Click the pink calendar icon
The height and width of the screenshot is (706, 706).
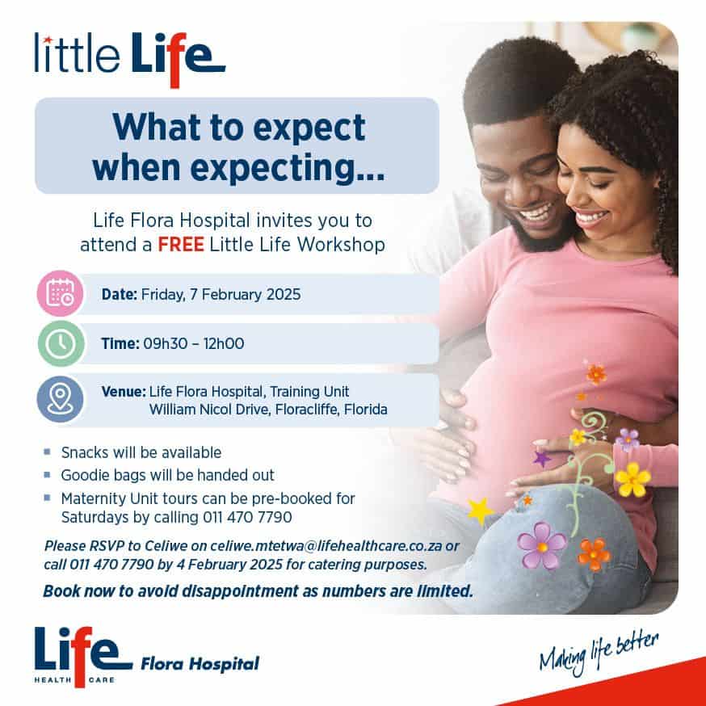[61, 293]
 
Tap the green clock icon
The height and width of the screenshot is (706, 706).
[61, 343]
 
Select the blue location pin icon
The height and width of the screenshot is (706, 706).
[61, 399]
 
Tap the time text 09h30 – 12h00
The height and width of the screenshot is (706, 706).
[192, 344]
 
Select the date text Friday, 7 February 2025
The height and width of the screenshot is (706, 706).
[221, 294]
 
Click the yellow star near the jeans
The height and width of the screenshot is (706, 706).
[480, 510]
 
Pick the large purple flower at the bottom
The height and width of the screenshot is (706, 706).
[541, 544]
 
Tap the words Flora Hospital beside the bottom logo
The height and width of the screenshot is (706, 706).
[200, 664]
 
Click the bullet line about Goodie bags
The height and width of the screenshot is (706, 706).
[168, 475]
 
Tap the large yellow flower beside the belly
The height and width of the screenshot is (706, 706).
[632, 480]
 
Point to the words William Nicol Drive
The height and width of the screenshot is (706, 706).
[215, 410]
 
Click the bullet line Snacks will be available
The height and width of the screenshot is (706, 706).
[141, 452]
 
